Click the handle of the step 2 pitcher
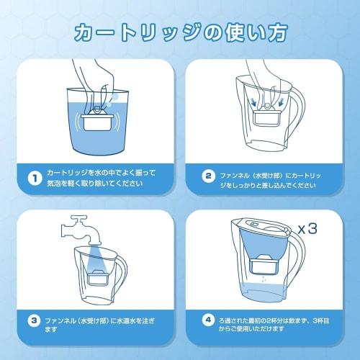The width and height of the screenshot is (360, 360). (x=294, y=119)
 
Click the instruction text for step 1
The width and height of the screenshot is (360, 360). (x=101, y=179)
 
